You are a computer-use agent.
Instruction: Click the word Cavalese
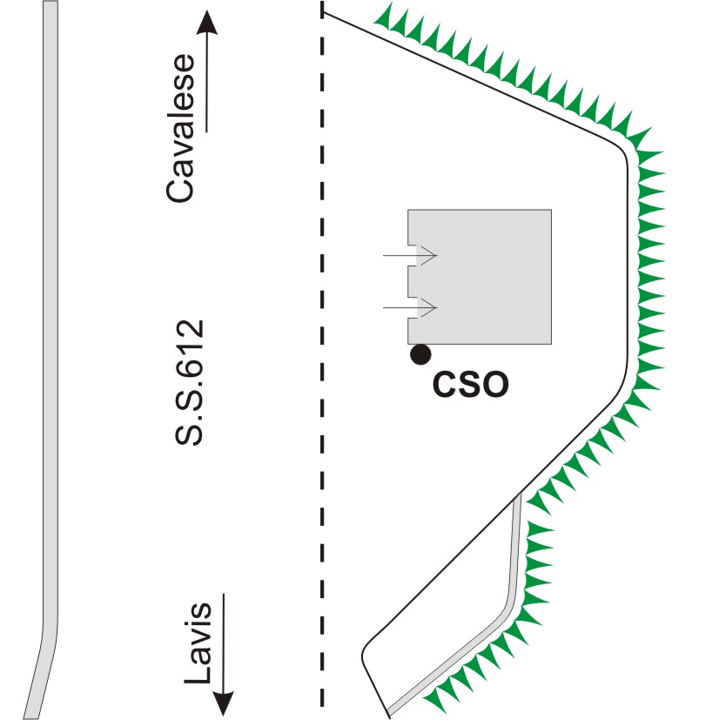[182, 140]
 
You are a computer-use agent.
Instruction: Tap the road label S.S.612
[188, 384]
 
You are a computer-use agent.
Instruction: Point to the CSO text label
[470, 383]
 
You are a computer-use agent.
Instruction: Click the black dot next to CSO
[421, 353]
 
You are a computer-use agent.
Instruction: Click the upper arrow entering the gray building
[409, 256]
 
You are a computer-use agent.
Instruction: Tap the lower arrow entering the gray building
[409, 308]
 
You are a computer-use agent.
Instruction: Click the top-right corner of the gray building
[551, 210]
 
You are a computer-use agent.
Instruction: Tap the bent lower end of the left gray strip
[39, 670]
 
